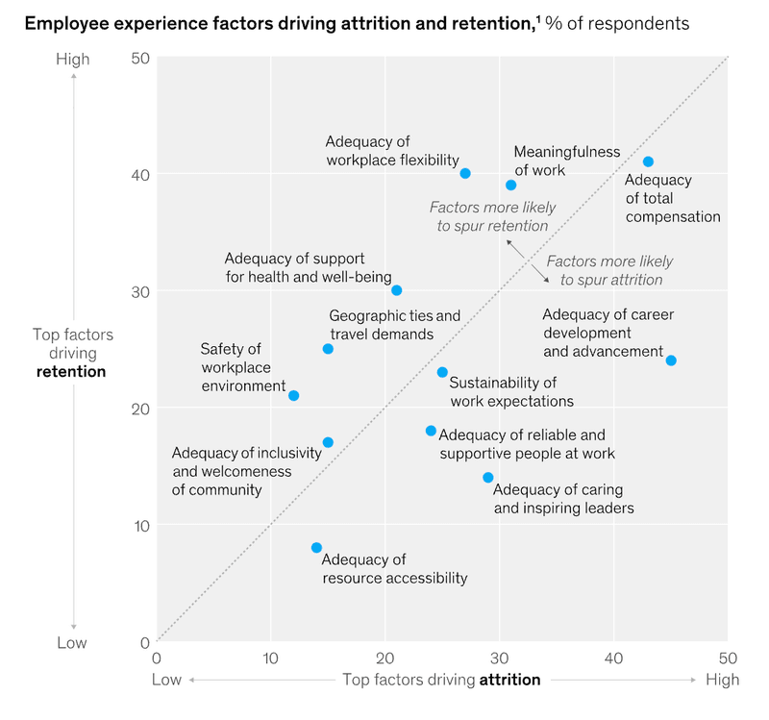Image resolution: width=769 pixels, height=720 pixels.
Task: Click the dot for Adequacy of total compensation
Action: click(648, 161)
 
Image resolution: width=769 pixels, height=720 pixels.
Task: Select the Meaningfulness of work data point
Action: click(510, 185)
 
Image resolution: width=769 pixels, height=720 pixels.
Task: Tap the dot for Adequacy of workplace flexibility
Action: click(465, 173)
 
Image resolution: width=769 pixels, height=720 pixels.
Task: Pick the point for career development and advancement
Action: click(671, 360)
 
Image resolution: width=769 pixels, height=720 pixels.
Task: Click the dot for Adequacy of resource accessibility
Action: click(316, 548)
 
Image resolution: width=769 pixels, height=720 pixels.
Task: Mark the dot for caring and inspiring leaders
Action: click(487, 478)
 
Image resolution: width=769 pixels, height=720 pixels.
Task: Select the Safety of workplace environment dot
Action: click(293, 395)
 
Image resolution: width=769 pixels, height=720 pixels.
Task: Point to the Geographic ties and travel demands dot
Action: click(328, 349)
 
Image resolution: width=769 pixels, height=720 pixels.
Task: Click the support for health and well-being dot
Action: click(396, 290)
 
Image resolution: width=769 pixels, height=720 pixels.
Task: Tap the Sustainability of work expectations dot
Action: click(442, 372)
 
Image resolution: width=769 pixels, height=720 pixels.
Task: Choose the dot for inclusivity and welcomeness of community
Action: click(328, 442)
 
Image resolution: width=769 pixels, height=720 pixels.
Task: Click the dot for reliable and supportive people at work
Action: click(431, 431)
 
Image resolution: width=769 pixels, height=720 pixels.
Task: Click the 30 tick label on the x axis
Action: click(499, 658)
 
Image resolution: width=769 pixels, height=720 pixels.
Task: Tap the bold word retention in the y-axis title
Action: click(71, 371)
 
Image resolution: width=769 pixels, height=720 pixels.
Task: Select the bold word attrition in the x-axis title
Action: click(509, 680)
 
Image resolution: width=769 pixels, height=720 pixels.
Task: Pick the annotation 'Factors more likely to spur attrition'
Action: click(609, 270)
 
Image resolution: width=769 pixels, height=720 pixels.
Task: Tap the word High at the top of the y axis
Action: click(73, 59)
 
